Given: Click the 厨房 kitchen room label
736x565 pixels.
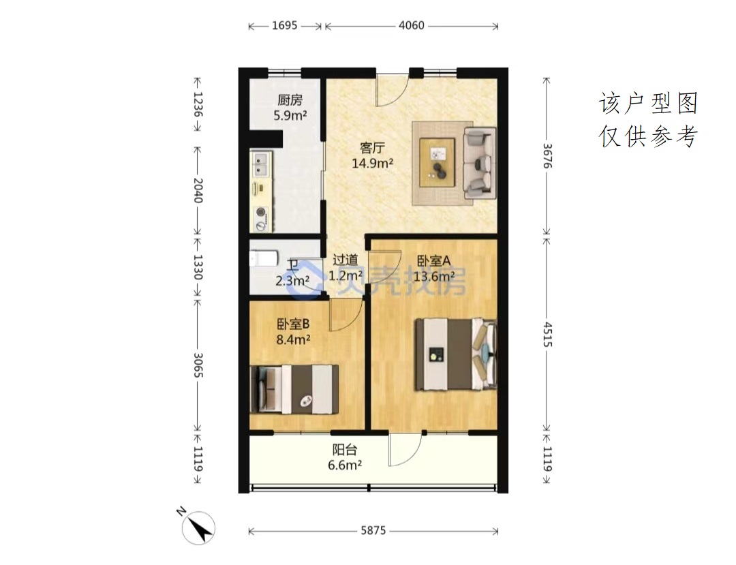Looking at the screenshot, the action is pyautogui.click(x=290, y=100).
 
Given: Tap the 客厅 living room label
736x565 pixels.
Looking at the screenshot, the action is pyautogui.click(x=372, y=149).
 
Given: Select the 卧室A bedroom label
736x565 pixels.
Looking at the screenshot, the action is pyautogui.click(x=433, y=260).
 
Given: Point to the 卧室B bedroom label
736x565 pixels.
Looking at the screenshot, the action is pyautogui.click(x=293, y=324).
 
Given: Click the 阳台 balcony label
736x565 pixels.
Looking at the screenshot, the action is pyautogui.click(x=345, y=450).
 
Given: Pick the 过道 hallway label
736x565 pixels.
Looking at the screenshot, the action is pyautogui.click(x=345, y=260).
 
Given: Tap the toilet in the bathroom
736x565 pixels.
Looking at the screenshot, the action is pyautogui.click(x=264, y=258).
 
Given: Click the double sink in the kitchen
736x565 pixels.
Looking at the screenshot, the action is pyautogui.click(x=261, y=164).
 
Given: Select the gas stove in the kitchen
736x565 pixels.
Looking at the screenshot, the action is pyautogui.click(x=260, y=219).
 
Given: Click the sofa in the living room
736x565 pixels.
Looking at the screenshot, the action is pyautogui.click(x=479, y=163).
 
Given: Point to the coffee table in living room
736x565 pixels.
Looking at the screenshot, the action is pyautogui.click(x=438, y=162).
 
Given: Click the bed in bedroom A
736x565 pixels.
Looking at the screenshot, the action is pyautogui.click(x=455, y=354).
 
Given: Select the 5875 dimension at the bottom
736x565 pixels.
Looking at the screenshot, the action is pyautogui.click(x=373, y=531).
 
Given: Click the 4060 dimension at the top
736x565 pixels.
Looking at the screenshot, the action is pyautogui.click(x=411, y=25).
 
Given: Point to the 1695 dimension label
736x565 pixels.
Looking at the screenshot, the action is pyautogui.click(x=284, y=25).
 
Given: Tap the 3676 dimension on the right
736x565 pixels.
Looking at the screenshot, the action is pyautogui.click(x=547, y=156).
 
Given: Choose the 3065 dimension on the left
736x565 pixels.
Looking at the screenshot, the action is pyautogui.click(x=198, y=365).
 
